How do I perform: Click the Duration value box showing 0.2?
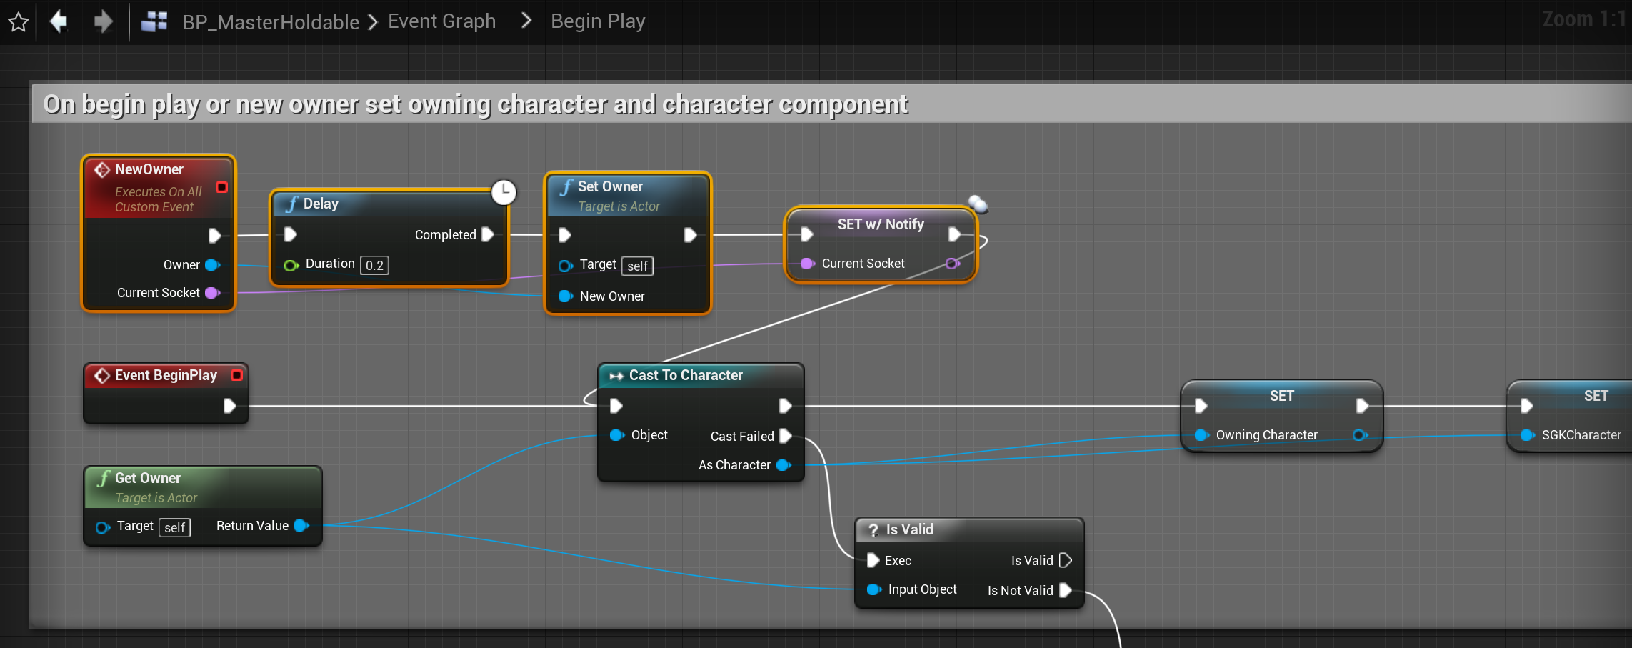tap(374, 266)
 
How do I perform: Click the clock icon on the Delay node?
tap(504, 191)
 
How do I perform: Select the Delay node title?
tap(321, 204)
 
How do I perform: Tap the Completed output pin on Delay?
tap(488, 234)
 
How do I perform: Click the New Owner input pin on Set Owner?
tap(565, 296)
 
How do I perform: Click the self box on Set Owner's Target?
tap(637, 266)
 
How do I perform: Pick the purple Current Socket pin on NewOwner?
tap(212, 293)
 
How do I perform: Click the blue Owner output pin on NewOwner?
tap(212, 265)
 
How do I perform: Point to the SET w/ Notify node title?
tap(880, 224)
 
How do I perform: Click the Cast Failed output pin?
tap(786, 436)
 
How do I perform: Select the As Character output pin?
tap(783, 465)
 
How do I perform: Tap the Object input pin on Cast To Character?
tap(616, 435)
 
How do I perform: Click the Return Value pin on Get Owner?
tap(301, 526)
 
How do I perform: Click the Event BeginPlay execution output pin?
tap(229, 406)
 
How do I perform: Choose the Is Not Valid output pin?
tap(1066, 590)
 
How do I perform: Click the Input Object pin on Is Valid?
tap(873, 589)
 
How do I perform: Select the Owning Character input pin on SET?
tap(1201, 435)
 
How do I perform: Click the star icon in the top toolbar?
tap(19, 22)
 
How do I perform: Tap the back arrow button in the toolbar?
tap(59, 21)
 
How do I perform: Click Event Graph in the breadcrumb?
tap(441, 21)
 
